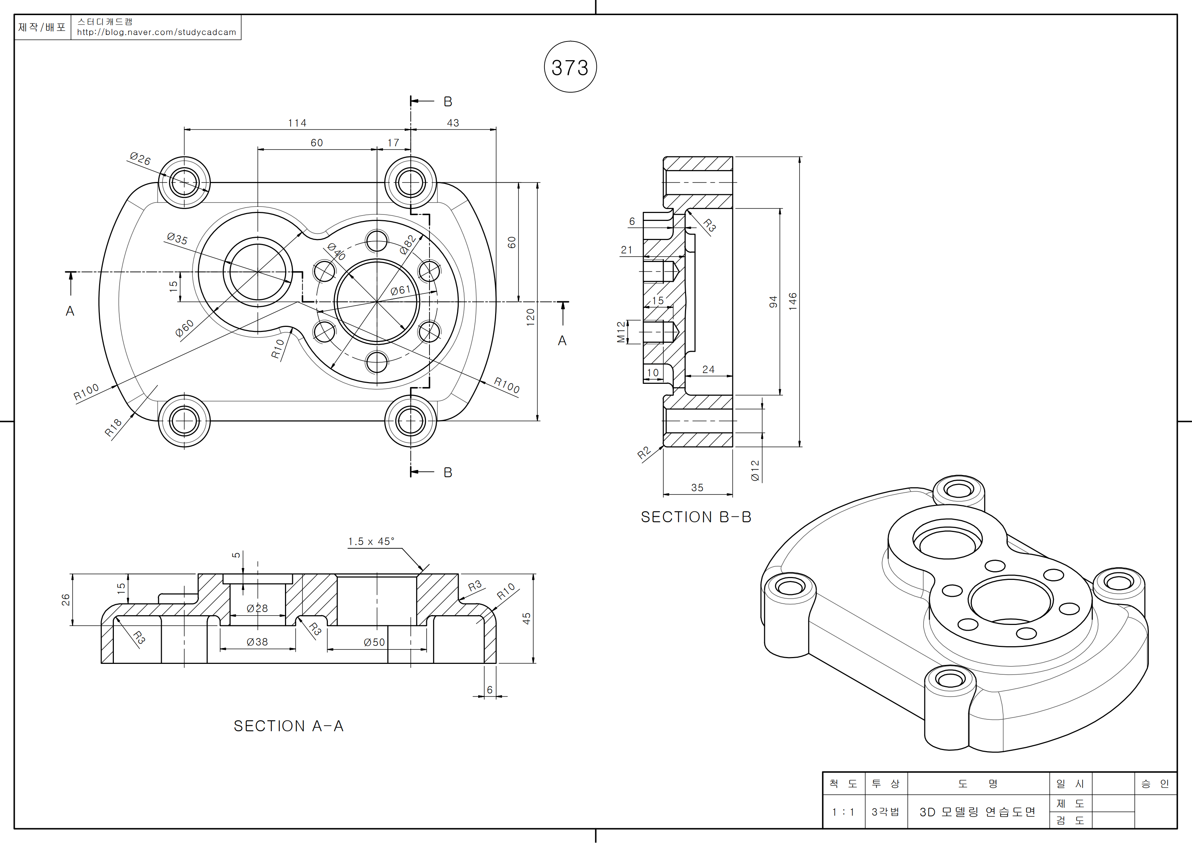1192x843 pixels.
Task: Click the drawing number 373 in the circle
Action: (x=570, y=67)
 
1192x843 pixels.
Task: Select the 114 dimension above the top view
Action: (x=297, y=123)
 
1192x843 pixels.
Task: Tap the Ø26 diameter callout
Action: (x=140, y=159)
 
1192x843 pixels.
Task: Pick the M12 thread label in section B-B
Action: (x=621, y=332)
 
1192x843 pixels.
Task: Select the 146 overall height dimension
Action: (x=792, y=301)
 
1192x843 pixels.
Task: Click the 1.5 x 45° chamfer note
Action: (x=371, y=541)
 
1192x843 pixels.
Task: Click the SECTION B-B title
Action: (x=696, y=517)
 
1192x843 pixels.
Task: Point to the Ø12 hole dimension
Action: (x=755, y=470)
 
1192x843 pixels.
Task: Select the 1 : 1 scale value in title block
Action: (x=843, y=812)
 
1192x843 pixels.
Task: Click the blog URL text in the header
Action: (x=156, y=32)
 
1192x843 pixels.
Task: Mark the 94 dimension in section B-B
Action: (x=773, y=302)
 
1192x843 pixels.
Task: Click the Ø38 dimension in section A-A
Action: (x=258, y=642)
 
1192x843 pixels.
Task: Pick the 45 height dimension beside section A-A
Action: (x=526, y=618)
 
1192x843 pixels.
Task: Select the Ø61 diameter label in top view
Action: (x=400, y=290)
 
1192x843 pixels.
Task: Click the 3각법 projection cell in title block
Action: (x=885, y=812)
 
